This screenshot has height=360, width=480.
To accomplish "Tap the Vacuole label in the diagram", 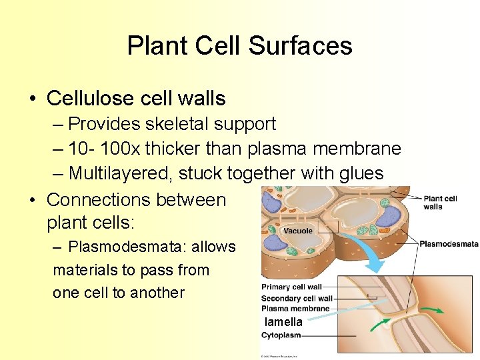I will point(297,231).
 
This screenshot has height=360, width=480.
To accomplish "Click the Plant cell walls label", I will point(441,202).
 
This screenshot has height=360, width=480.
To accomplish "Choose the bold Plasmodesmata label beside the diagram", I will point(449,244).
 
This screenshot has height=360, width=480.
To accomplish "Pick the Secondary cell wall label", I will point(297,298).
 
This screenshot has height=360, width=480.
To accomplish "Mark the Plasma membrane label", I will point(295,308).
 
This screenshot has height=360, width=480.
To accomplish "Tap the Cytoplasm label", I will point(281,335).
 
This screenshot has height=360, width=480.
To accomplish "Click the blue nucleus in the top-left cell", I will point(271,201).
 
